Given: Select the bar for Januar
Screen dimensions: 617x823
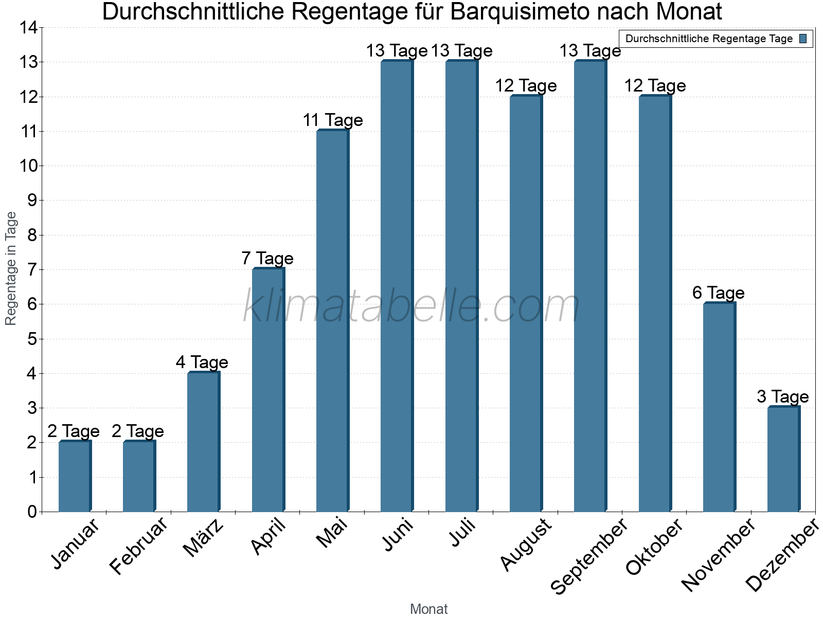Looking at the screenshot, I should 75,476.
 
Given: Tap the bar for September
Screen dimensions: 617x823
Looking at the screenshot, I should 590,286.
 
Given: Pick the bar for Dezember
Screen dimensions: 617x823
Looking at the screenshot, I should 783,459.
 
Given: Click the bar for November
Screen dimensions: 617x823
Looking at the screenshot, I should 719,407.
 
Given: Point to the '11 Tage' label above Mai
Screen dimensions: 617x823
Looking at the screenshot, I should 333,120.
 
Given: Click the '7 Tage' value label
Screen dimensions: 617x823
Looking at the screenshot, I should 267,258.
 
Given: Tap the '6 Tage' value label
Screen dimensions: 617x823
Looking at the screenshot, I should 719,293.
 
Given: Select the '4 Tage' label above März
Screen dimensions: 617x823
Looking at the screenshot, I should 202,362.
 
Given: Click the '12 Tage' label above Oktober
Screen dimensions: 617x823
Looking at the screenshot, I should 655,86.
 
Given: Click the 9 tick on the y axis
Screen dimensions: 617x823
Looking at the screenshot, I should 32,201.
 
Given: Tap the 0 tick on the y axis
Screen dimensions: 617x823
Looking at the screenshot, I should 32,512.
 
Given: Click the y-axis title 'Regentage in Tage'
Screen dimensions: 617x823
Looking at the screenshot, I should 11,268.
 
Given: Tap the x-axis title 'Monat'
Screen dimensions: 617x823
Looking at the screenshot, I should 428,609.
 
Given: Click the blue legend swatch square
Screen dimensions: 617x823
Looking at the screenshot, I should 803,39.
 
